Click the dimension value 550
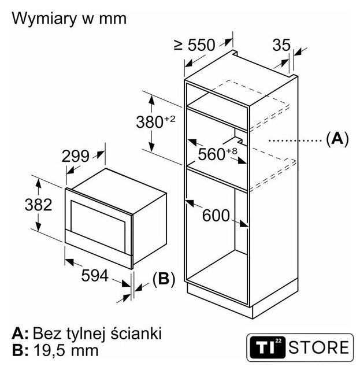(x=202, y=45)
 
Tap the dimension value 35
(x=281, y=45)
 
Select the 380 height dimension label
(x=150, y=123)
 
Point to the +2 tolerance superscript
(x=170, y=119)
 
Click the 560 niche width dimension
(x=211, y=154)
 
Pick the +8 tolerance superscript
(x=232, y=151)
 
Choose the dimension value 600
(x=216, y=215)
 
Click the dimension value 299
(x=76, y=156)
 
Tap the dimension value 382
(x=38, y=205)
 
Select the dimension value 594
(x=95, y=275)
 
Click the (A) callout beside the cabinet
(x=337, y=139)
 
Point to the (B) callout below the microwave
(x=164, y=279)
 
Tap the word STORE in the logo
(x=319, y=347)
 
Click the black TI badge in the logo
(x=268, y=347)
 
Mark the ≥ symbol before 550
(x=179, y=45)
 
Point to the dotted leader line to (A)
(x=295, y=140)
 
